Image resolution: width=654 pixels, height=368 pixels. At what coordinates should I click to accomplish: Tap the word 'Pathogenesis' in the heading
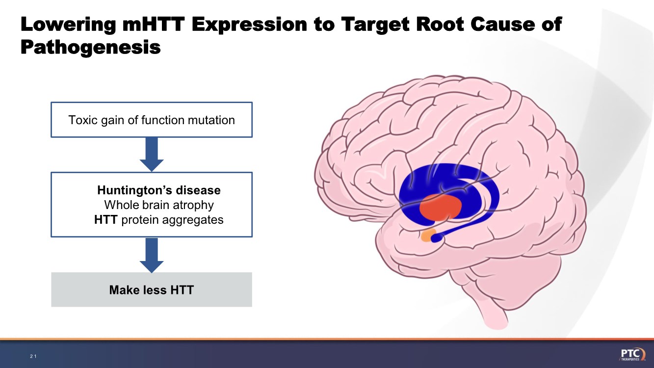[x=91, y=48]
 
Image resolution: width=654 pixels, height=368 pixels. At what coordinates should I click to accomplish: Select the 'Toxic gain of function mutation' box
[x=152, y=120]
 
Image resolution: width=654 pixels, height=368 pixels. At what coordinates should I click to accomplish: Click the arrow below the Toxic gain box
[x=152, y=154]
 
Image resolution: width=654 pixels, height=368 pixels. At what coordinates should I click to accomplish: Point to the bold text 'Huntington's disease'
[x=158, y=190]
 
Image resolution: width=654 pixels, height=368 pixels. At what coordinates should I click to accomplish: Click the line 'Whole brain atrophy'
[x=158, y=205]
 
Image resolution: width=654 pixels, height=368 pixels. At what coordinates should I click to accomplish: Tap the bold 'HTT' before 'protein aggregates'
[x=105, y=220]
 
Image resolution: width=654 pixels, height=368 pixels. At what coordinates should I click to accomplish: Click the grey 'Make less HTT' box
[x=152, y=290]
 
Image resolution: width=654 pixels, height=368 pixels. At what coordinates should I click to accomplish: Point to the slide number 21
[x=33, y=356]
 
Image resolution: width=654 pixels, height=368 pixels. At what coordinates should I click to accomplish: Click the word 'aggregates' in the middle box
[x=196, y=220]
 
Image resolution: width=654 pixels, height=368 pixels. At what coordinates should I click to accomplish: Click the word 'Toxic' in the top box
[x=80, y=120]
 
